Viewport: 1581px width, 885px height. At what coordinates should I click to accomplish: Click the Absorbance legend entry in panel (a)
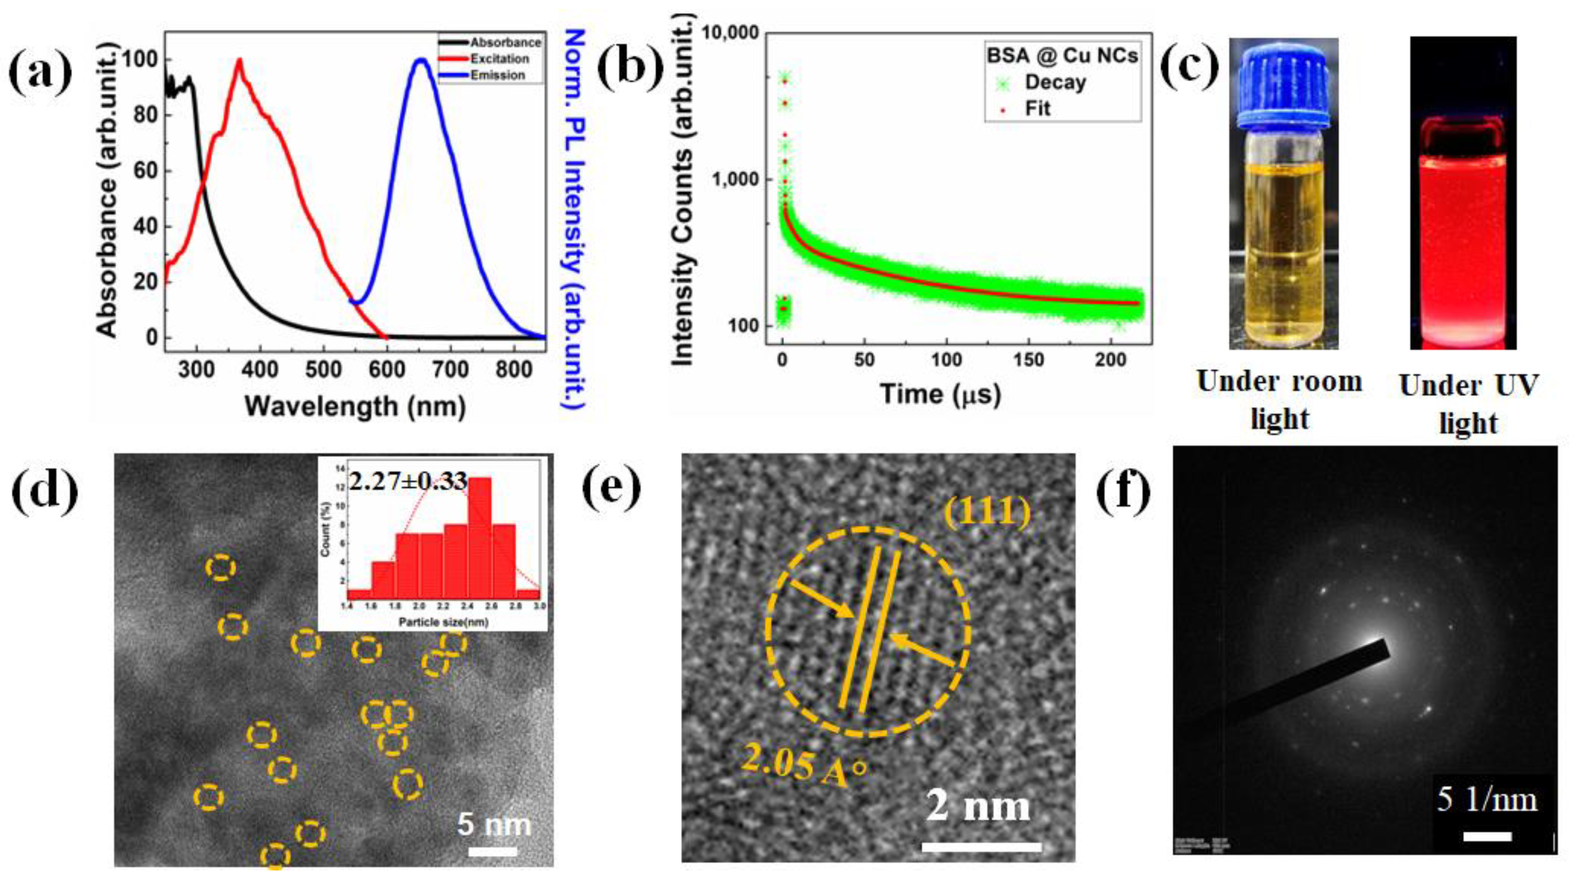[x=505, y=42]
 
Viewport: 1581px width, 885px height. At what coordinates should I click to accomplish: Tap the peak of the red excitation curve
[x=239, y=60]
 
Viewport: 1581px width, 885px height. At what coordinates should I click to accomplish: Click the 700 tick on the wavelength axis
[x=451, y=370]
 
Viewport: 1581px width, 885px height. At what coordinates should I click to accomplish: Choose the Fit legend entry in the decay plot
[x=1037, y=109]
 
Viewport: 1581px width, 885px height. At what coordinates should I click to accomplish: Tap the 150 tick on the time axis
[x=1028, y=360]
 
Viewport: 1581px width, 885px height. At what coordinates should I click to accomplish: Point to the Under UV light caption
[x=1468, y=404]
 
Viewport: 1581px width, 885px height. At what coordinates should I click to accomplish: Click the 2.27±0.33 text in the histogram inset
[x=408, y=481]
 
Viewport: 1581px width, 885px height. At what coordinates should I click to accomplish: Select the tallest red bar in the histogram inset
[x=479, y=532]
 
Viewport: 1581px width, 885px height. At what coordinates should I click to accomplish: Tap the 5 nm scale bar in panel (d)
[x=493, y=851]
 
